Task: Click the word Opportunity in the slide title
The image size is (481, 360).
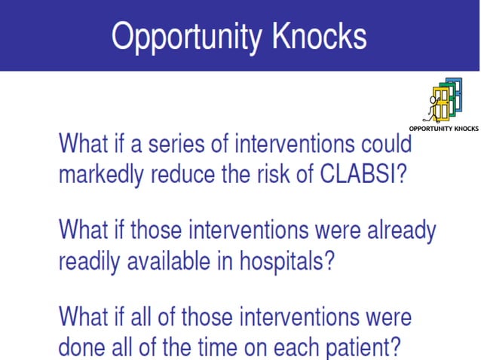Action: [183, 36]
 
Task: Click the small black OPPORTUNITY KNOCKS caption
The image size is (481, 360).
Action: [443, 128]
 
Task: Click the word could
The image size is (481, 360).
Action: [384, 142]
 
